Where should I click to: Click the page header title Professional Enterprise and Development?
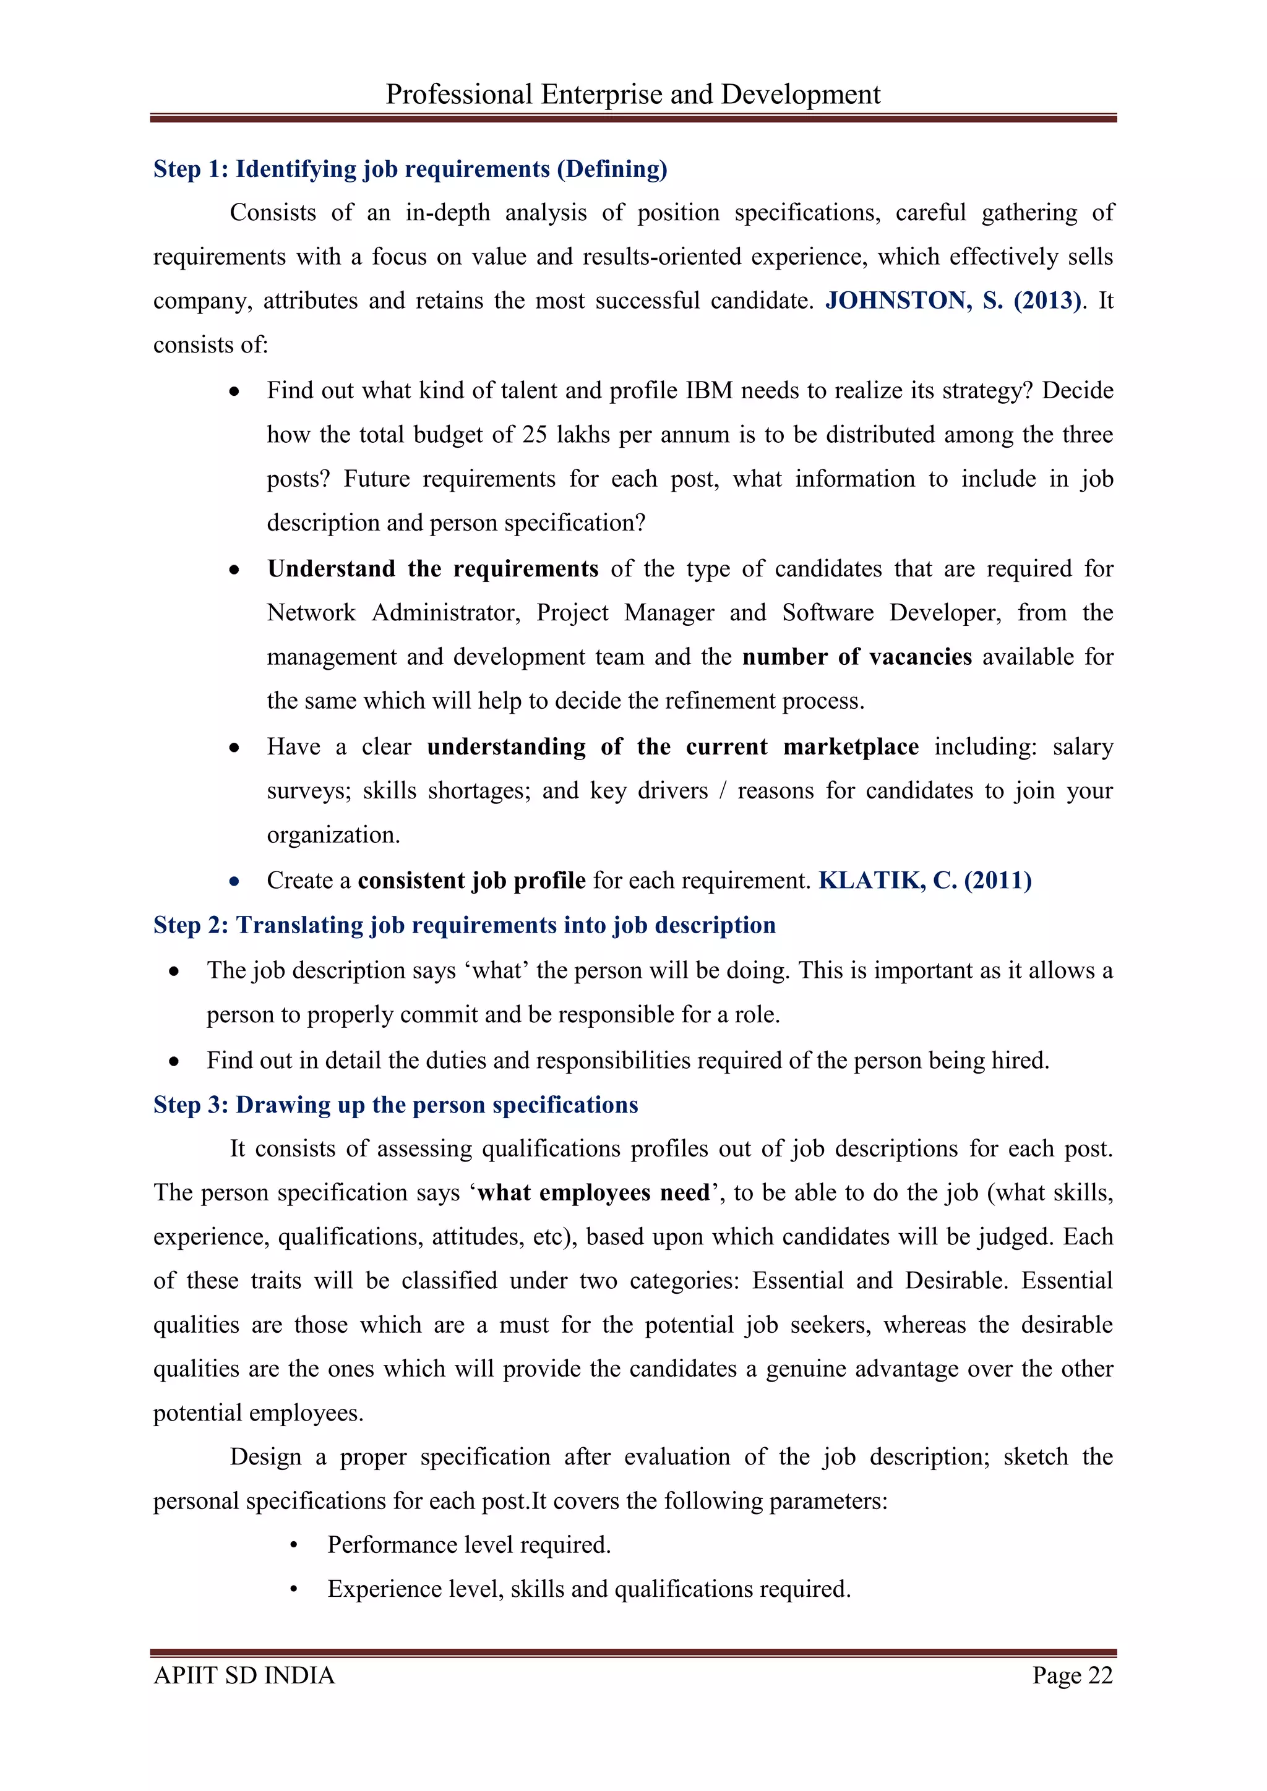(633, 95)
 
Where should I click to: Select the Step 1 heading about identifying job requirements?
(410, 169)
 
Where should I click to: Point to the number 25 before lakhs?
(535, 435)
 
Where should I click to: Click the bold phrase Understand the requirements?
(432, 569)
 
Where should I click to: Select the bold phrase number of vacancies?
(857, 657)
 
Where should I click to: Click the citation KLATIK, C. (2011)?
(924, 881)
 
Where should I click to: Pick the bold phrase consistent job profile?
(471, 881)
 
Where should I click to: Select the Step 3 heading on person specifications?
(395, 1105)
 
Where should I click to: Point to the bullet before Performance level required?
(293, 1546)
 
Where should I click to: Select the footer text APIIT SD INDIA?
(244, 1675)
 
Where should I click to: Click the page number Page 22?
(1072, 1675)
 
